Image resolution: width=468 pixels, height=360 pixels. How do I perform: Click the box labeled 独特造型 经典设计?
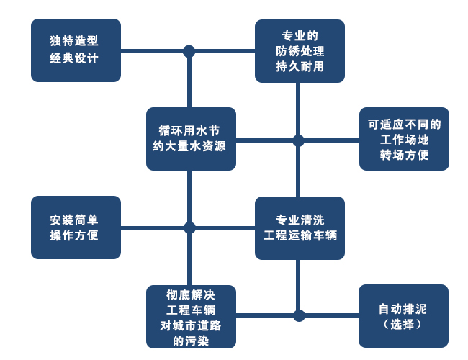[76, 50]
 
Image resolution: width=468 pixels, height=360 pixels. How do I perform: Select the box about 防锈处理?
[300, 50]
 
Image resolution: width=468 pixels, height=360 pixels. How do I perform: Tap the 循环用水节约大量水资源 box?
[191, 139]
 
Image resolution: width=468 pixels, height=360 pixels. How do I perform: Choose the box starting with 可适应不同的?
[404, 139]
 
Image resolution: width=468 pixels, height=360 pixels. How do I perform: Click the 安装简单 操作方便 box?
[76, 228]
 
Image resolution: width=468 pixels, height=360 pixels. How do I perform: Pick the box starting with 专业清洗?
[300, 228]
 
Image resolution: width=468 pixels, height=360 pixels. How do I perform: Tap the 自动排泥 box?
[403, 316]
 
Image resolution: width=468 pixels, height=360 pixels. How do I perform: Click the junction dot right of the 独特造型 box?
[189, 51]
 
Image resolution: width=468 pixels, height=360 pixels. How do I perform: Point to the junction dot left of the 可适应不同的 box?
[298, 140]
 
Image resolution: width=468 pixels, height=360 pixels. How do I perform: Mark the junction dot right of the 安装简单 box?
[189, 228]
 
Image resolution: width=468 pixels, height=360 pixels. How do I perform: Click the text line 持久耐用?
[300, 66]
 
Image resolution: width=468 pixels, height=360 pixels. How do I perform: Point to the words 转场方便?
[404, 155]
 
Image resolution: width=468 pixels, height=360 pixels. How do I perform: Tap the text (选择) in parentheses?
[403, 325]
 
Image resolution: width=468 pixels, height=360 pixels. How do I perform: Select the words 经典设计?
[74, 59]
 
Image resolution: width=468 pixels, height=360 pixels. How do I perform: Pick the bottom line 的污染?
[191, 341]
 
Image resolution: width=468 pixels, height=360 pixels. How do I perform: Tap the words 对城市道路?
[191, 325]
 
